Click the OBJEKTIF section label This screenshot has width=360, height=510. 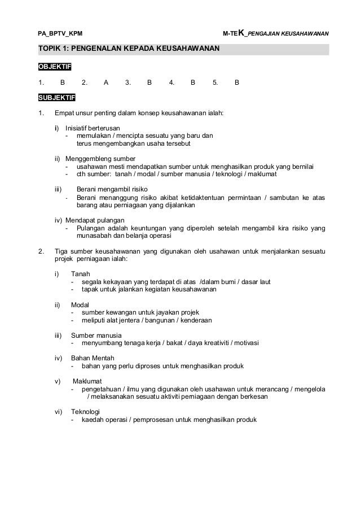[x=51, y=68]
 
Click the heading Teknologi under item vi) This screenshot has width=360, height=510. [x=85, y=412]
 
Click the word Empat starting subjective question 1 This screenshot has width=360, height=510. [x=63, y=113]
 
